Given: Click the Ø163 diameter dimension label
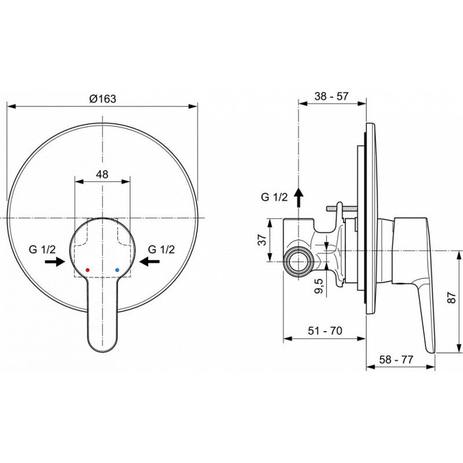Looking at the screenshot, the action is [103, 98].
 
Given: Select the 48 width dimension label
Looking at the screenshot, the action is [102, 174].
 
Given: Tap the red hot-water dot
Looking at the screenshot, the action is [87, 270].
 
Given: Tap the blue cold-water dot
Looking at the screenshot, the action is [117, 270].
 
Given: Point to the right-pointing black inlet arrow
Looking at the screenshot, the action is [55, 262].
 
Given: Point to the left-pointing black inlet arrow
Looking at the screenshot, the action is [150, 262].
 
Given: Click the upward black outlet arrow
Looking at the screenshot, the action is [299, 197].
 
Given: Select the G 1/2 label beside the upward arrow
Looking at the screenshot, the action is [274, 197].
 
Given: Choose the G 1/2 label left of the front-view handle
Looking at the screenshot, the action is [42, 249].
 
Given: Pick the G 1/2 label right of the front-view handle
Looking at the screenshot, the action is [161, 249].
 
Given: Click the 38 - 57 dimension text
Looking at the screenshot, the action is [331, 96].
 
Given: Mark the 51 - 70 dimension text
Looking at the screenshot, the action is [325, 330].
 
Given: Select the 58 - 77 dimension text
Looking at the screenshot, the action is [396, 359].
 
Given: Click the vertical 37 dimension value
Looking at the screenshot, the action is [262, 240].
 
